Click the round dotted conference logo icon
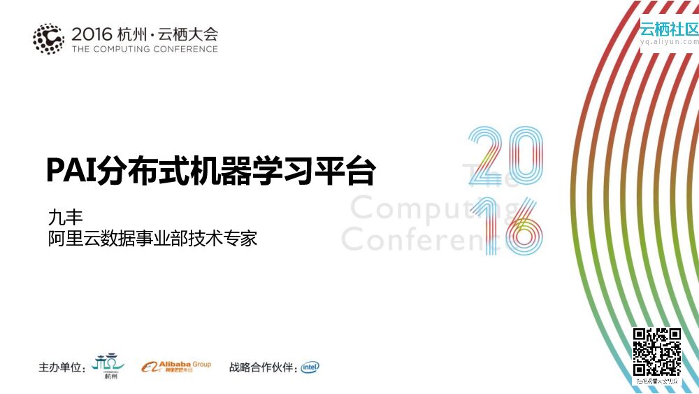pyautogui.click(x=48, y=38)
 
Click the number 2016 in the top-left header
pyautogui.click(x=93, y=33)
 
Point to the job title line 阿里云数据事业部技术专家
pyautogui.click(x=152, y=238)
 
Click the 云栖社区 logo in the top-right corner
pyautogui.click(x=669, y=29)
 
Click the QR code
pyautogui.click(x=656, y=352)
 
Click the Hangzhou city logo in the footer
pyautogui.click(x=110, y=365)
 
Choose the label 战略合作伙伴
pyautogui.click(x=263, y=367)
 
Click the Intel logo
pyautogui.click(x=310, y=367)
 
